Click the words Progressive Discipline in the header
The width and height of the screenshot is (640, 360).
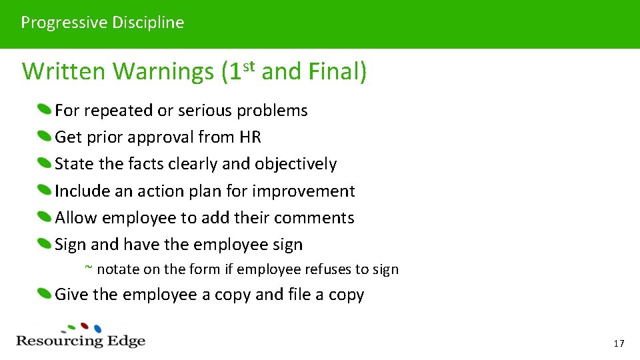point(102,23)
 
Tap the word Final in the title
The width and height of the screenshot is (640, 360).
point(333,71)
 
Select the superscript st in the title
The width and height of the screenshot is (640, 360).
point(249,65)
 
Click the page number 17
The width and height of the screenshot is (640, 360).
point(619,343)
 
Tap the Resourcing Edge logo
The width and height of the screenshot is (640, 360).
point(81,336)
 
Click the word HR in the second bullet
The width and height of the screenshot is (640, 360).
point(249,137)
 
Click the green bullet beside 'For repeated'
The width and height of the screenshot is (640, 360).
point(44,109)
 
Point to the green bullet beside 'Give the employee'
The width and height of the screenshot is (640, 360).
point(44,294)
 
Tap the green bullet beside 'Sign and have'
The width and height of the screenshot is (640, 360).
point(44,244)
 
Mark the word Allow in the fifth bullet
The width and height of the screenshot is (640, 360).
point(76,218)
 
